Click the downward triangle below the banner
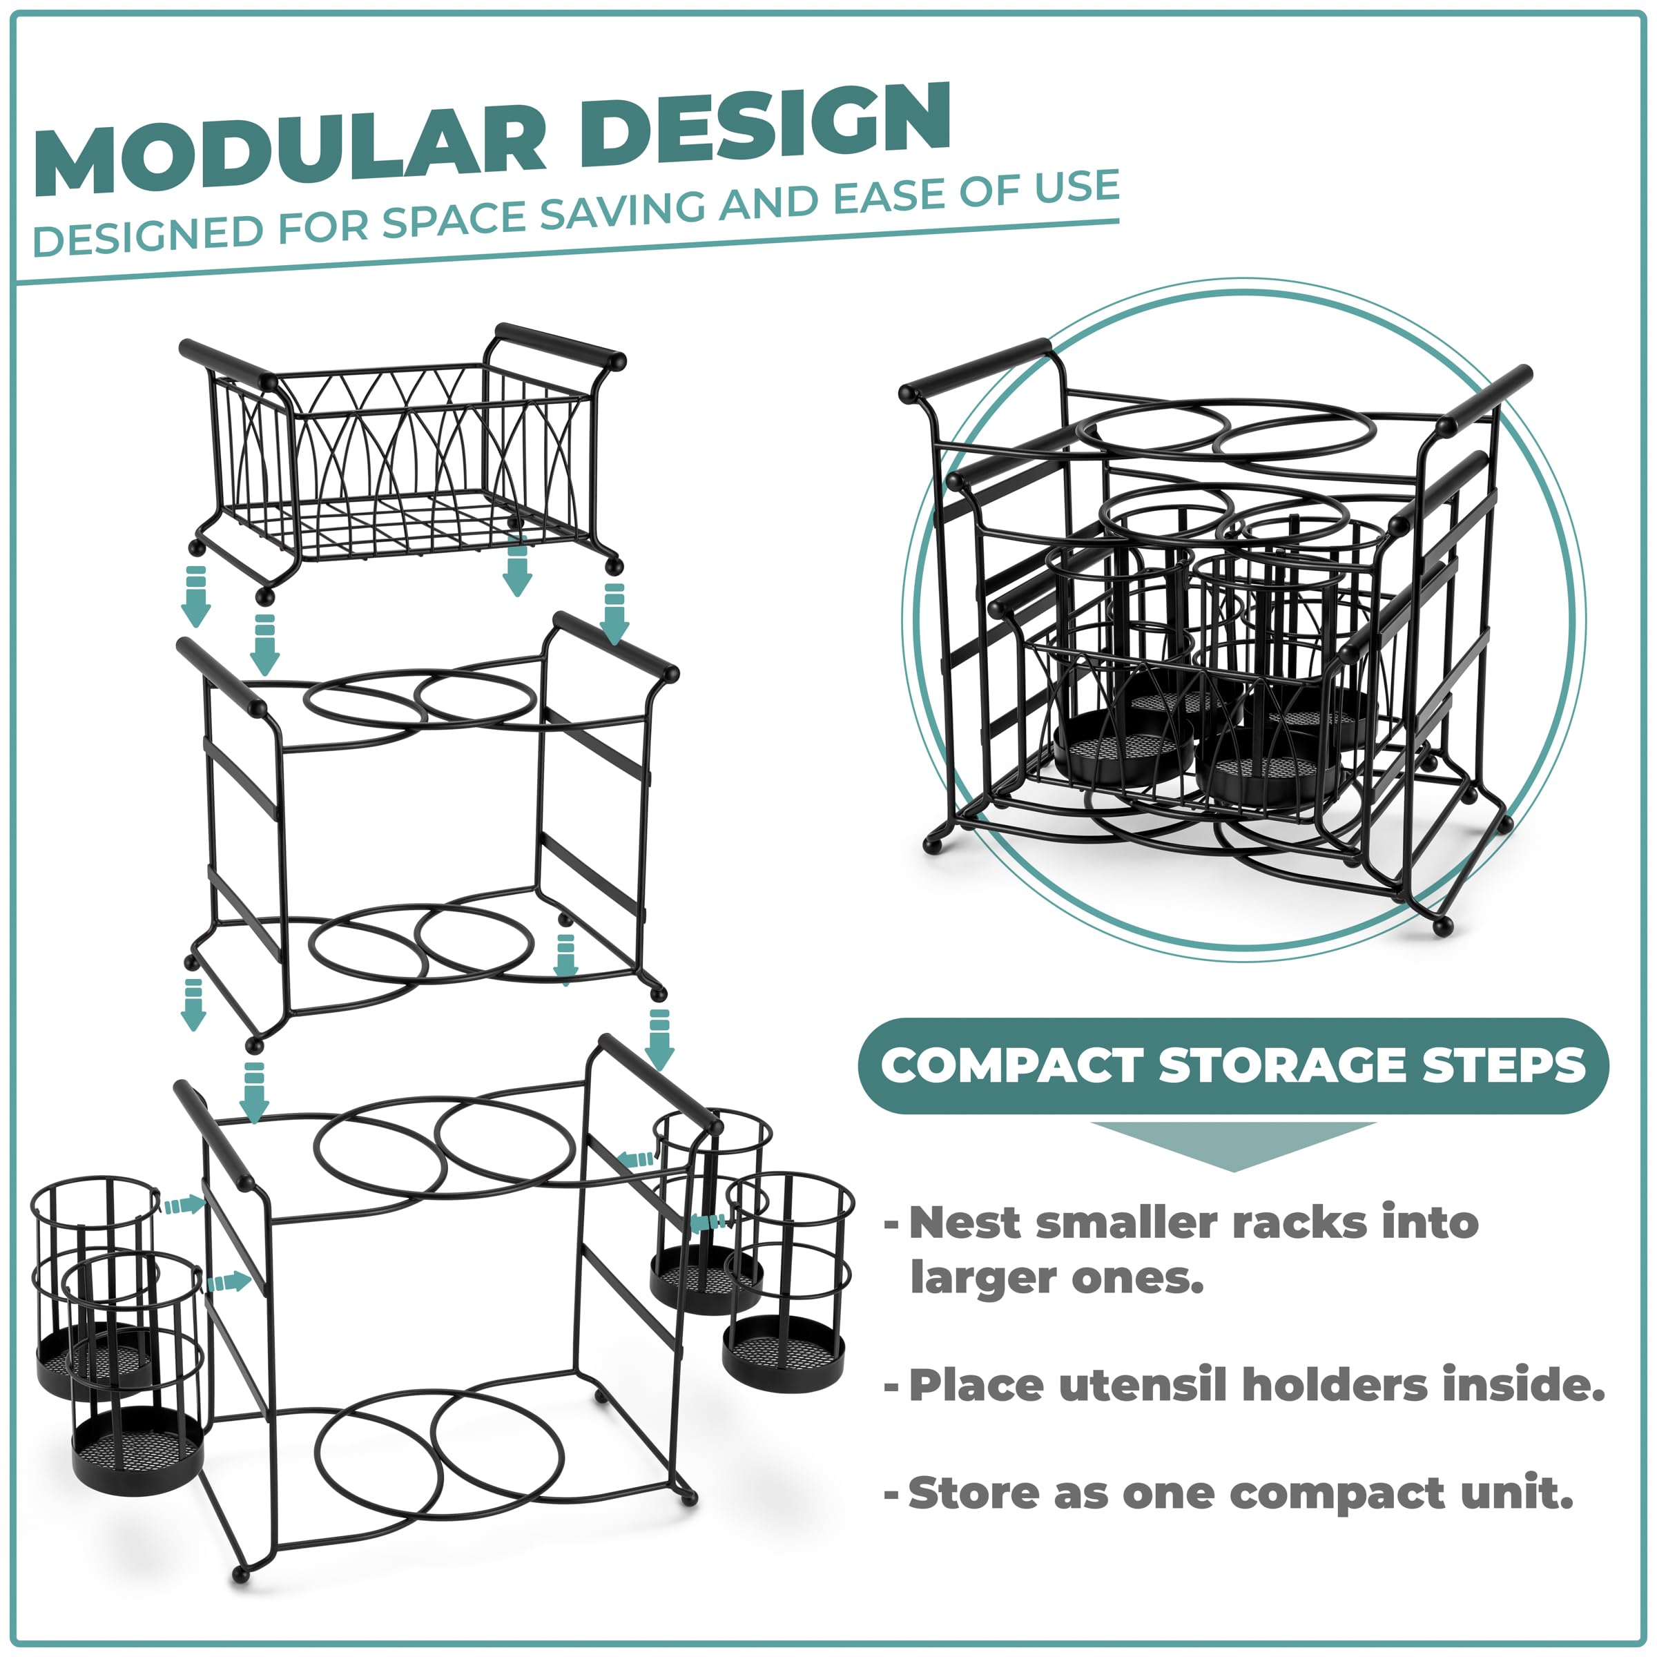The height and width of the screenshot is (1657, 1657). click(1233, 1147)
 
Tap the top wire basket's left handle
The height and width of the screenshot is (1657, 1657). click(226, 362)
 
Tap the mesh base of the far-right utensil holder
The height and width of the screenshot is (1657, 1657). click(783, 1353)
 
